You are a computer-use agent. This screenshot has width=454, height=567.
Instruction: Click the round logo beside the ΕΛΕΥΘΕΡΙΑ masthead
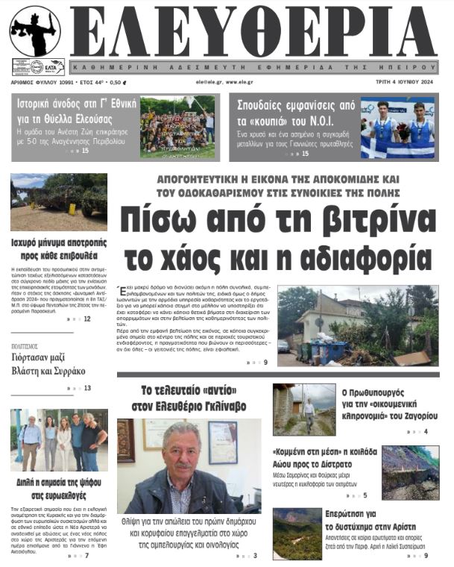coord(35,31)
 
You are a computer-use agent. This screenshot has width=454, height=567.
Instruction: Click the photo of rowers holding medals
coord(397,128)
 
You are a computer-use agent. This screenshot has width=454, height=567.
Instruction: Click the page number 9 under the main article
coord(265,363)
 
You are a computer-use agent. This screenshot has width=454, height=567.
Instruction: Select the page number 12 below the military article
coord(87,319)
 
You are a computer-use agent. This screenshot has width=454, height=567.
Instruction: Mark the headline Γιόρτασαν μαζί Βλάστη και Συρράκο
coord(48,363)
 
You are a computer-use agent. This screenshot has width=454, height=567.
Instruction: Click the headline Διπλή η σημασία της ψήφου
coord(59,489)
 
